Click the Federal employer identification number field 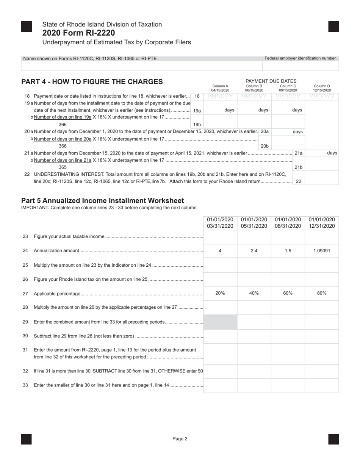point(301,66)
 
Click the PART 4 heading point(92,82)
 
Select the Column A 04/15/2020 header point(220,88)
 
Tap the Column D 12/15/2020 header point(322,88)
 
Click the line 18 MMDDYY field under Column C point(288,97)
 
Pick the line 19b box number point(197,125)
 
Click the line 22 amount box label point(299,181)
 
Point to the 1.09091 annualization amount point(322,251)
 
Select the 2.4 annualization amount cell point(254,251)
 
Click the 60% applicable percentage point(288,293)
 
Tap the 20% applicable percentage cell point(220,293)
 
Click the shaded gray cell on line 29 point(220,322)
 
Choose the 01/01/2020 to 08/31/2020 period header point(288,223)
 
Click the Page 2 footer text point(180,439)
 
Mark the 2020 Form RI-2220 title point(79,33)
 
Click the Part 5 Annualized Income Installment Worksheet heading point(103,201)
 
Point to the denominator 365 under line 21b point(63,167)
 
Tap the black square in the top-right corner point(333,27)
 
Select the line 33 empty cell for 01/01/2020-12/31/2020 point(322,386)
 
